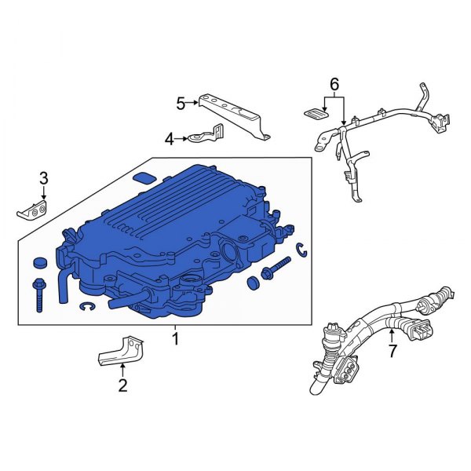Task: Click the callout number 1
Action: [175, 338]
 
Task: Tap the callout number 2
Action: [122, 385]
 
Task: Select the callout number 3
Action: [44, 178]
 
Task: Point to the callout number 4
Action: [170, 139]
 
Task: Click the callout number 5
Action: [181, 104]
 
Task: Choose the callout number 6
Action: [334, 84]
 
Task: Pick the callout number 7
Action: [393, 351]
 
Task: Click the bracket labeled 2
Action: [121, 351]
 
